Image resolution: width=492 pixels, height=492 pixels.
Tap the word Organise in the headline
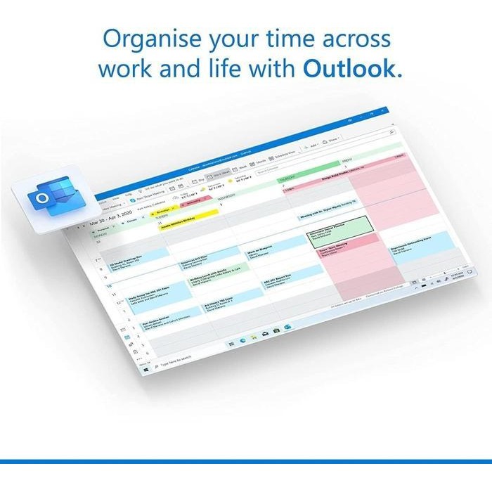click(148, 39)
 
